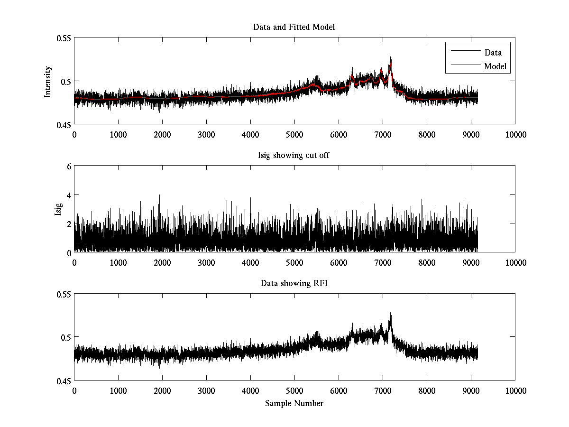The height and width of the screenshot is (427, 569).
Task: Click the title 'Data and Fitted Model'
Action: pyautogui.click(x=294, y=28)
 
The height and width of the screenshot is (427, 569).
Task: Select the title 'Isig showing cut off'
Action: pyautogui.click(x=294, y=156)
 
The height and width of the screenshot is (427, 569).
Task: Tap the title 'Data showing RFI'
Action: pyautogui.click(x=294, y=284)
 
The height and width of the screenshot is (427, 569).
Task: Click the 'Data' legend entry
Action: pyautogui.click(x=493, y=53)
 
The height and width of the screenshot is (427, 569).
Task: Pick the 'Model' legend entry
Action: pyautogui.click(x=496, y=66)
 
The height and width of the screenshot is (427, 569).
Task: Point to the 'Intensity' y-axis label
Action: pyautogui.click(x=47, y=82)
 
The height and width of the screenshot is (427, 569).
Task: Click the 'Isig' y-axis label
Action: pyautogui.click(x=58, y=209)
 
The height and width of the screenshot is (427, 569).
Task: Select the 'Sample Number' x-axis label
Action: pyautogui.click(x=294, y=404)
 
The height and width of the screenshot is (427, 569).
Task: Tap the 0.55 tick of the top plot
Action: pyautogui.click(x=63, y=37)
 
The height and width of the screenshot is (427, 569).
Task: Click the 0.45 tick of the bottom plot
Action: pyautogui.click(x=63, y=381)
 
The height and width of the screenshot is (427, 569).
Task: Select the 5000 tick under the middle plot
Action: pyautogui.click(x=294, y=262)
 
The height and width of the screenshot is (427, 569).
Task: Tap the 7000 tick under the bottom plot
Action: pyautogui.click(x=383, y=391)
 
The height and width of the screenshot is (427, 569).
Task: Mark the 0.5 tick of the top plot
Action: pyautogui.click(x=65, y=81)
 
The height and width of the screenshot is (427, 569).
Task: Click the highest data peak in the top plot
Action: pyautogui.click(x=391, y=58)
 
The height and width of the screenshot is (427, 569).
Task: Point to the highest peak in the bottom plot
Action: pyautogui.click(x=391, y=314)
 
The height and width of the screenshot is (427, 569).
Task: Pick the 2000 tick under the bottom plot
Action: pyautogui.click(x=162, y=391)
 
